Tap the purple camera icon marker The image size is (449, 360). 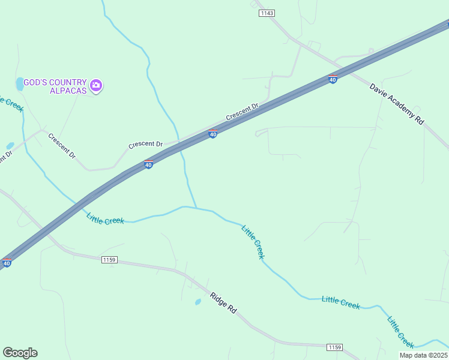pos(96,86)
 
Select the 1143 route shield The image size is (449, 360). pos(267,13)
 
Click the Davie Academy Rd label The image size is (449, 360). pos(396,104)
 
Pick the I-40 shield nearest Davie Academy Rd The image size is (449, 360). pos(333,79)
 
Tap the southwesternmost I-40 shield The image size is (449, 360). pos(7,263)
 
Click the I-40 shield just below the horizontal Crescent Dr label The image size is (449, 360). pos(148,164)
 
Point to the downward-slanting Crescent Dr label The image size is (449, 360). pos(62,146)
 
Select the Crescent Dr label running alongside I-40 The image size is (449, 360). pos(242,111)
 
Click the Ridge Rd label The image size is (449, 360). pos(223,301)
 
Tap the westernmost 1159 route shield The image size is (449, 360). pos(109,260)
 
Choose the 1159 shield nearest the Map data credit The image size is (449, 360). pos(334,347)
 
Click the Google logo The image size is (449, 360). pos(20,353)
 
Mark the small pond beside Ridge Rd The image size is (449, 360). pos(198,302)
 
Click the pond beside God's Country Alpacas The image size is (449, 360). pos(20,83)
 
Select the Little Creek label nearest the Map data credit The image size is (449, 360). pos(400,332)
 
